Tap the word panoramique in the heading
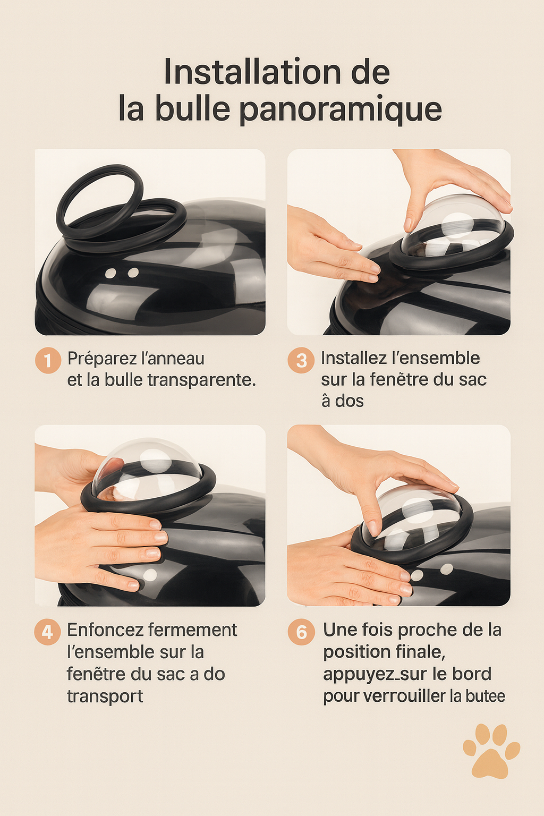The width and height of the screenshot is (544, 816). point(340,109)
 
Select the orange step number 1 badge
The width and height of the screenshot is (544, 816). point(48,361)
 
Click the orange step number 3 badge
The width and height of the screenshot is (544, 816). point(301,360)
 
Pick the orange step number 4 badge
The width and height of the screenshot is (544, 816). point(47,632)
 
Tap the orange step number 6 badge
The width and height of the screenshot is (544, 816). point(301,632)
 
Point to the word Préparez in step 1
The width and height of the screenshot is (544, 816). point(102,359)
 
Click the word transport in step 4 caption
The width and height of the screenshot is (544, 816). point(105,696)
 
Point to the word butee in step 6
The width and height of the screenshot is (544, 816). point(485,696)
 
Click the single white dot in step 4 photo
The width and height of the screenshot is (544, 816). point(150,575)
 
